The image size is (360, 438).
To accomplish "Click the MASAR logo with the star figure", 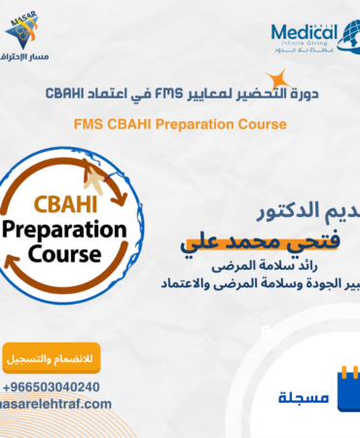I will [26, 30].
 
